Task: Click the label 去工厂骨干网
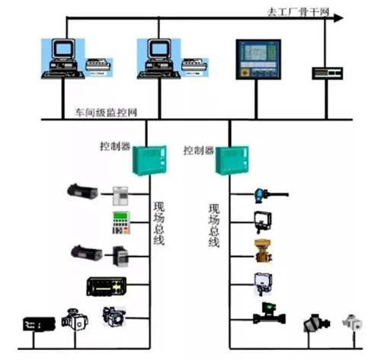point(298,12)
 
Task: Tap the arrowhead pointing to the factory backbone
point(338,18)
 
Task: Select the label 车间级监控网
point(106,113)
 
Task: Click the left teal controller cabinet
point(149,161)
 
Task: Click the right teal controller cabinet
point(232,160)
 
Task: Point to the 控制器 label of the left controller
point(115,146)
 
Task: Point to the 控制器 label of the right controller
point(199,151)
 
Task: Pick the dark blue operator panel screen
point(258,59)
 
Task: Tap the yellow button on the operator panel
point(245,73)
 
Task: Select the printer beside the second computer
point(194,67)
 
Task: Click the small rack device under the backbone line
point(328,73)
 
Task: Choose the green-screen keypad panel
point(121,223)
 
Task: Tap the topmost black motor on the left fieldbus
point(82,192)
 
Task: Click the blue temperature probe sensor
point(271,196)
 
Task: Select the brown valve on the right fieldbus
point(263,251)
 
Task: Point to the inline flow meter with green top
point(269,314)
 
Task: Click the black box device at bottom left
point(39,324)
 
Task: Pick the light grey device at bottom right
point(352,322)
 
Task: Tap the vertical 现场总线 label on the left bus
point(158,223)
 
